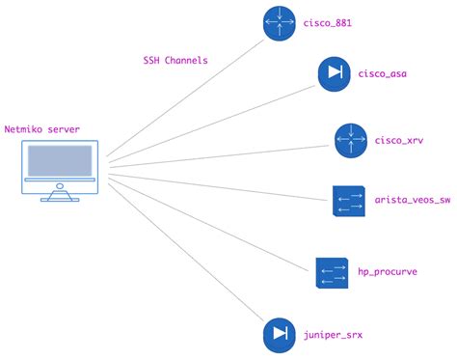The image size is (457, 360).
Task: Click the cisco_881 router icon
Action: pos(281,24)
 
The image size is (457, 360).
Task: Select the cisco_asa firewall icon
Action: pos(336,74)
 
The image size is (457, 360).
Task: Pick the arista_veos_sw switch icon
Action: pos(348,202)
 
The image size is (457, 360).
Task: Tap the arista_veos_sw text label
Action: pos(413,202)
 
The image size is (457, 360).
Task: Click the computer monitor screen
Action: pos(60,160)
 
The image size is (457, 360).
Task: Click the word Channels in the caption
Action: pos(186,60)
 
